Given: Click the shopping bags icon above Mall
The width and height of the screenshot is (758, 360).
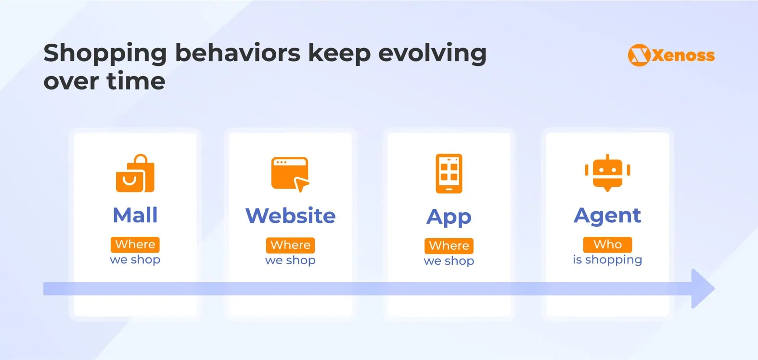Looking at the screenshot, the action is coord(135,173).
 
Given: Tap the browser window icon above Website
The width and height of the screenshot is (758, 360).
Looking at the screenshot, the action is coord(290,174).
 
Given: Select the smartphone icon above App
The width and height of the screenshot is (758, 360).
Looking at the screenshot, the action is coord(449,174).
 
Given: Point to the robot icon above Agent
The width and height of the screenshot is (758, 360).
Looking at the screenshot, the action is coord(607,173).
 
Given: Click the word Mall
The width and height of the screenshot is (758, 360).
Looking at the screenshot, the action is coord(135,215).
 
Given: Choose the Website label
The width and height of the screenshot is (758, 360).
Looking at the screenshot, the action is coord(290,216).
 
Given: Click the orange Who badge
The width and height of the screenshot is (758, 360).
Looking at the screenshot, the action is coord(607,244).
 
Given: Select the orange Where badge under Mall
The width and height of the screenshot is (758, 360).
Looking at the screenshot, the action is coord(135,244).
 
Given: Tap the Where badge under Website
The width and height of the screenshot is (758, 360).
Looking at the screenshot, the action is coord(290,245).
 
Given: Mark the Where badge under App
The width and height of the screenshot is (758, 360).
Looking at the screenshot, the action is coord(449,246).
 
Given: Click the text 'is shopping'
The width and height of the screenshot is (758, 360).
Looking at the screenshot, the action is coord(607,260).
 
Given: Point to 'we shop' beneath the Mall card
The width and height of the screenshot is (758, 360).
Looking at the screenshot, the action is coord(135,260).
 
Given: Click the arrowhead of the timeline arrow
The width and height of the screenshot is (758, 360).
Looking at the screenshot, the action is coord(703,289).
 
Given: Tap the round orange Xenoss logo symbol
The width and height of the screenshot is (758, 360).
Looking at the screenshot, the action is coord(639,55).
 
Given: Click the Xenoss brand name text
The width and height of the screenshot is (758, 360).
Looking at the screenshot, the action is coord(683,55).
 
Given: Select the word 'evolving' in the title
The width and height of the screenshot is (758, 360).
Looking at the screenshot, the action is coord(433,54).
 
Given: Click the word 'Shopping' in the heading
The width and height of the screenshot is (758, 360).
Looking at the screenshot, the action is coord(105,54).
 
